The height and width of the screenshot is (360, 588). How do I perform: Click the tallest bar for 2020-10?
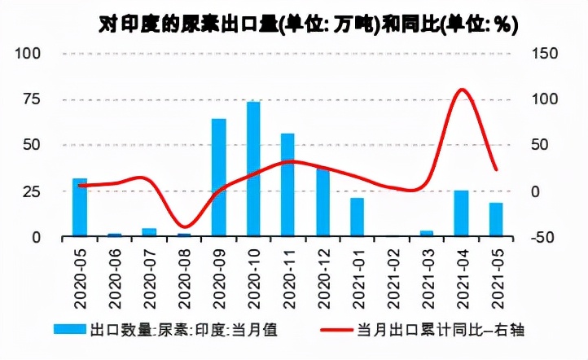click(253, 169)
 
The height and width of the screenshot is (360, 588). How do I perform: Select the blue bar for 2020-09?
click(218, 178)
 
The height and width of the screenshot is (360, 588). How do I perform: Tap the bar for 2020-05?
click(79, 207)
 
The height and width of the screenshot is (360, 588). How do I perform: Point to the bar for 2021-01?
click(357, 217)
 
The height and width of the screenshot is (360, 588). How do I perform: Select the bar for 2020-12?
click(323, 202)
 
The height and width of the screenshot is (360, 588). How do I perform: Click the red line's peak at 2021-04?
click(461, 90)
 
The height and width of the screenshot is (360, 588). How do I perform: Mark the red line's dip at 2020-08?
click(185, 226)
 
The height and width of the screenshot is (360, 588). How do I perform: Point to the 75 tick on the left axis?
click(31, 99)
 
